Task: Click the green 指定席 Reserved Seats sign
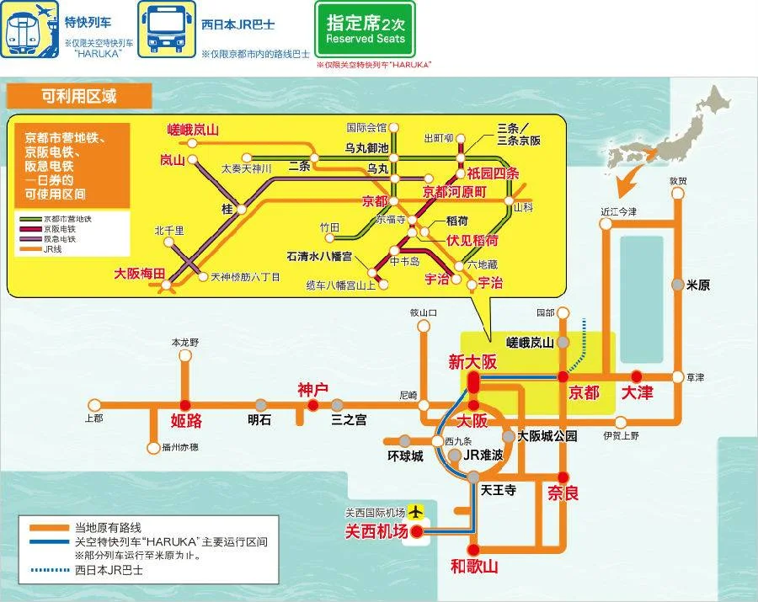click(365, 29)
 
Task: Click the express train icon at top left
click(26, 29)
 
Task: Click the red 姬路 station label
click(186, 420)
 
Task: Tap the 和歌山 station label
click(474, 567)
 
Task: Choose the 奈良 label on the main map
click(563, 493)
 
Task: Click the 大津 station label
click(637, 392)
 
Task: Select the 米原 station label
click(698, 285)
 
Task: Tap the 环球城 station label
click(405, 456)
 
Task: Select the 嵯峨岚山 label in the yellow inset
click(193, 130)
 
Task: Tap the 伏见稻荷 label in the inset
click(472, 239)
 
